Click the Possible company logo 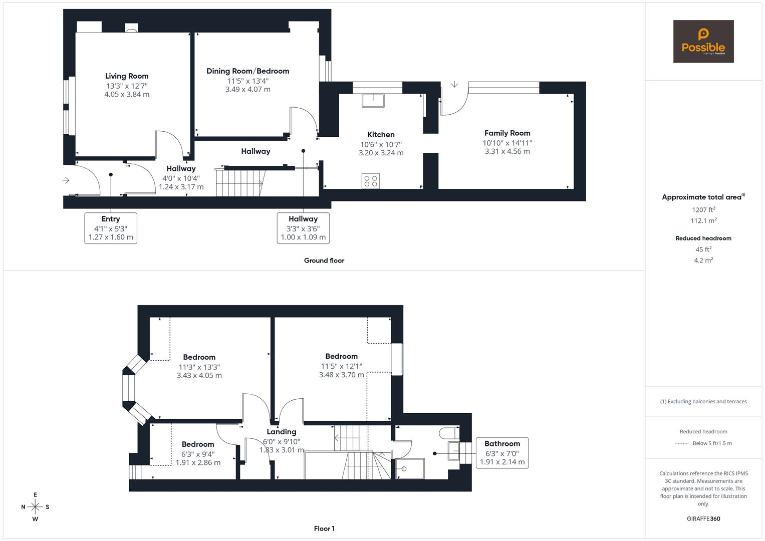coord(703,42)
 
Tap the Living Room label coord(127,76)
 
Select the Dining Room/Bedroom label coord(247,71)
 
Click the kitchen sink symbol coord(373,101)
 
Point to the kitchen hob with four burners coord(371,181)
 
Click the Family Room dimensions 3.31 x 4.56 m coord(507,151)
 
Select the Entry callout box coord(111,228)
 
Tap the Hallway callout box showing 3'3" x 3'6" coord(303,228)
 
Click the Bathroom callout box coord(502,452)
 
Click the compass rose coord(35,507)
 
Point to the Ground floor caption coord(324,260)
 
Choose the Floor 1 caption coord(324,528)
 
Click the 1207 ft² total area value coord(703,210)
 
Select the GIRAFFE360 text coord(703,518)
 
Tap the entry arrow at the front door coord(66,180)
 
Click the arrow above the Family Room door coord(454,84)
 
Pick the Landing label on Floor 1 coord(282,432)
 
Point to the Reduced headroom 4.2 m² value coord(703,260)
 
